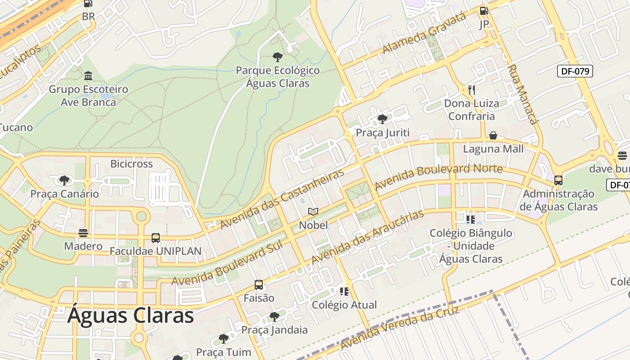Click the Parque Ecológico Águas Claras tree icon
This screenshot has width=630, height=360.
pos(278,57)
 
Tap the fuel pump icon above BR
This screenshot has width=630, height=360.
pos(88,4)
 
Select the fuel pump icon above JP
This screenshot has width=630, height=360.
pos(484,11)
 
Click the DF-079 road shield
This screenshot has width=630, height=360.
pos(575,71)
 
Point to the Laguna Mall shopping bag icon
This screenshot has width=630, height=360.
pos(493,135)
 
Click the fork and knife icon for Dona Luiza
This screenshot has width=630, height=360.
pos(471,90)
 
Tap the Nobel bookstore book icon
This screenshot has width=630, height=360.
pos(313,211)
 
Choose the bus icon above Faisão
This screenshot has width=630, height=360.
pos(259,285)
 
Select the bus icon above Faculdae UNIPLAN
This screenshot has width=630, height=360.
pos(156,238)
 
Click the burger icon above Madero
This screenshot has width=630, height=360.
pos(83,233)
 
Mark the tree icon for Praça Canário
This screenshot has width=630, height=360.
pos(64,180)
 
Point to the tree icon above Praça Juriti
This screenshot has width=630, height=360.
pos(382,119)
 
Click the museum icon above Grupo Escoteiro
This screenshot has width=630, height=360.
pos(88,76)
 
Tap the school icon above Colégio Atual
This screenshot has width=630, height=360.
pos(344,292)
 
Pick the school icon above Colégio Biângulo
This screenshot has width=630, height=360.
pos(471,220)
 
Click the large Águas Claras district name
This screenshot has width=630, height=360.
pos(130,315)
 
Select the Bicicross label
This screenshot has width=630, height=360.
pos(131,164)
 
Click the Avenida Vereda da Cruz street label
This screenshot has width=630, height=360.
pos(400,328)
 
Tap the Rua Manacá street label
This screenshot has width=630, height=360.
pos(522,94)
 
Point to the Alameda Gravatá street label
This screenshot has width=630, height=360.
pos(424,33)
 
